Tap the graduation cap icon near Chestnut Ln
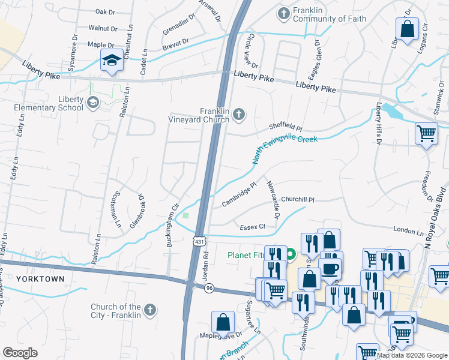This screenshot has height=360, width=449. pyautogui.click(x=111, y=61)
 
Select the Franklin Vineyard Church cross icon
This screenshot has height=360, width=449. pyautogui.click(x=239, y=115)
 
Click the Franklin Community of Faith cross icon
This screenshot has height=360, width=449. pyautogui.click(x=284, y=13)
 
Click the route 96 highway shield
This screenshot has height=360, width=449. pyautogui.click(x=208, y=288)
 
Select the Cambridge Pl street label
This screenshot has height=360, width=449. pyautogui.click(x=239, y=194)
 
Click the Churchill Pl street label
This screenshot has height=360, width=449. pyautogui.click(x=297, y=200)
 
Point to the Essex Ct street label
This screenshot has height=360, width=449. pyautogui.click(x=252, y=227)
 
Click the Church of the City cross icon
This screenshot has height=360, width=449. pyautogui.click(x=150, y=310)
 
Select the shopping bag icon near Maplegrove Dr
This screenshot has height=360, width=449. pyautogui.click(x=223, y=322)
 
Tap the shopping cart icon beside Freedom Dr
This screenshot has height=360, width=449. pyautogui.click(x=426, y=133)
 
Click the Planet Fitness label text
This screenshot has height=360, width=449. pyautogui.click(x=247, y=255)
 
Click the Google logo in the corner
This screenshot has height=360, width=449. pyautogui.click(x=20, y=353)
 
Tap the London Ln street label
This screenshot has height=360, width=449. pyautogui.click(x=408, y=230)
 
